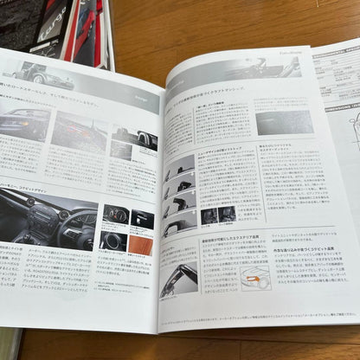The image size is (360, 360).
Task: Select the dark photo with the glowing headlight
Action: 24,122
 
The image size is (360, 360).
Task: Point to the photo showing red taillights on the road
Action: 79,130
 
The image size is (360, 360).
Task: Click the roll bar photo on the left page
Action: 135,138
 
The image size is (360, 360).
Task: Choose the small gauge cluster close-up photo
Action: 115,213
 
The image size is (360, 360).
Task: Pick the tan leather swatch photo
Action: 141,245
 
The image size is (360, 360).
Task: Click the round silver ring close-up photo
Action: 113,241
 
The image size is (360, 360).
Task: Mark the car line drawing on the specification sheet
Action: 353,130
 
